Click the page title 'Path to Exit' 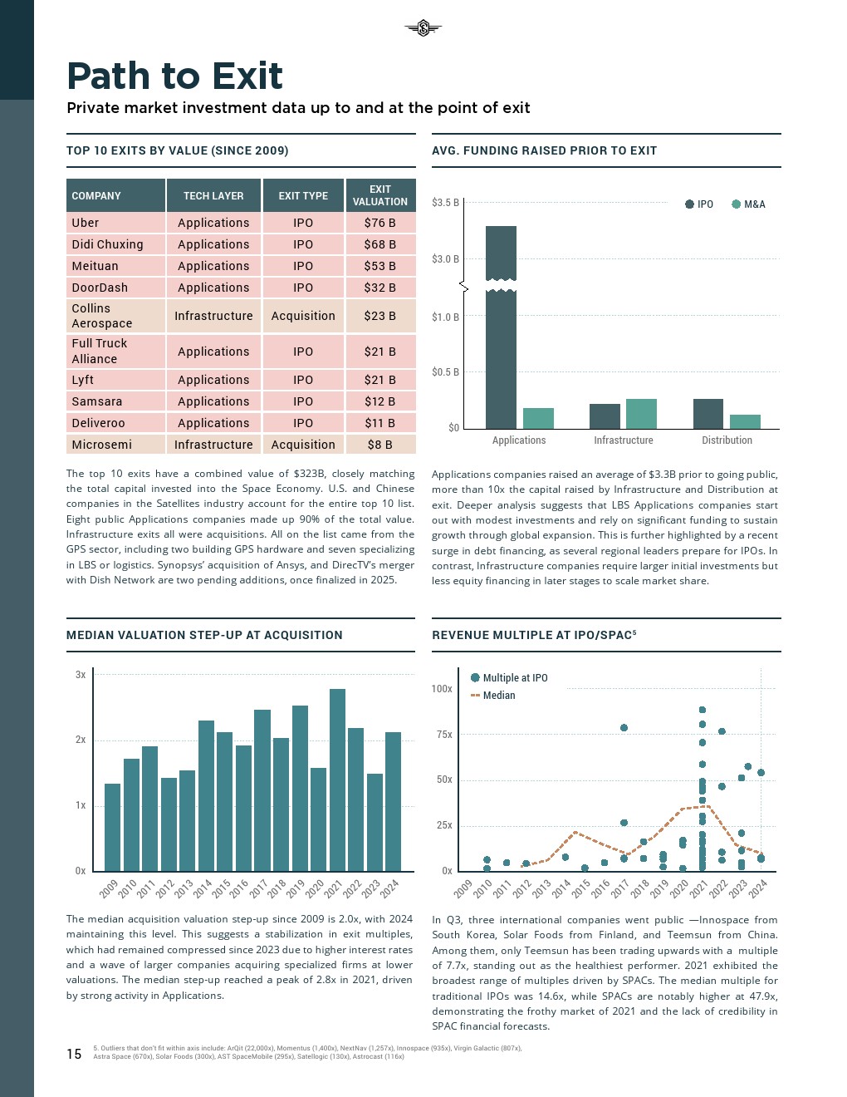tap(174, 76)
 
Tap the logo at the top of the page tap(423, 28)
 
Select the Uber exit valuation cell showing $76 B tap(379, 223)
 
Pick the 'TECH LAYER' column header tap(213, 196)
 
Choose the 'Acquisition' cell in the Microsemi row tap(303, 445)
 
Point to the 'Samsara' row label tap(97, 401)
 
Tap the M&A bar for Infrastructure tap(641, 414)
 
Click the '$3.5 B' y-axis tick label tap(445, 203)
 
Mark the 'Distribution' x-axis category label tap(727, 440)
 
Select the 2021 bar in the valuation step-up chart tap(337, 780)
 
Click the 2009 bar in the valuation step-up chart tap(112, 827)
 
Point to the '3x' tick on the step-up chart tap(81, 675)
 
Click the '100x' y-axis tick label tap(442, 689)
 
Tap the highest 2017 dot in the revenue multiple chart tap(624, 728)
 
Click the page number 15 tap(74, 1055)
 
